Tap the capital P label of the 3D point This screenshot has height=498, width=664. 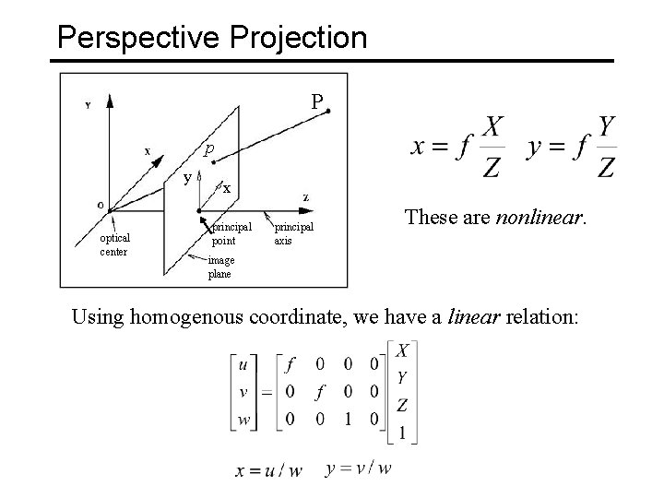pyautogui.click(x=316, y=101)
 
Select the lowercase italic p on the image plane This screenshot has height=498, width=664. pyautogui.click(x=210, y=148)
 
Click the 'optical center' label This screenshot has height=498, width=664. pyautogui.click(x=115, y=244)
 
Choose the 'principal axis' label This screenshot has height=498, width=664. pyautogui.click(x=293, y=233)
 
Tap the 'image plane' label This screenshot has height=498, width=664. pyautogui.click(x=221, y=267)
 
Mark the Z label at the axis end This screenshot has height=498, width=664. pyautogui.click(x=305, y=197)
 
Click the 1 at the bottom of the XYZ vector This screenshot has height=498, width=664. pyautogui.click(x=401, y=433)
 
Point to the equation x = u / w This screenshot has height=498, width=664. pyautogui.click(x=269, y=470)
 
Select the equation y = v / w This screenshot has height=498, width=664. pyautogui.click(x=360, y=468)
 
